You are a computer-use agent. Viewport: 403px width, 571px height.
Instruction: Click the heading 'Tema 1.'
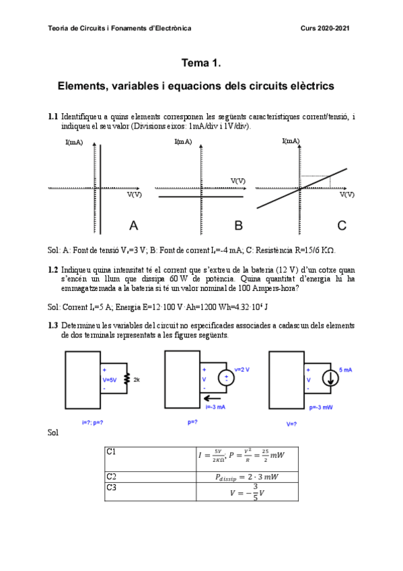coord(201,63)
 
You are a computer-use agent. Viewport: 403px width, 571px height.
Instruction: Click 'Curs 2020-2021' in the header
coord(325,28)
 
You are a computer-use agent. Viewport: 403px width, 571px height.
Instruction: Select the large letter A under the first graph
coord(133,225)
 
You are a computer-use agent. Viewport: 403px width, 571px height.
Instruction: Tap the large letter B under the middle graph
coord(237,225)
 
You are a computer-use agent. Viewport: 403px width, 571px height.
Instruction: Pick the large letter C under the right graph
coord(342,225)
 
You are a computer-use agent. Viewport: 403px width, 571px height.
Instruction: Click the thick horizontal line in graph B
coord(200,197)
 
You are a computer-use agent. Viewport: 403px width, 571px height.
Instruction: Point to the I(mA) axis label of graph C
coord(291,141)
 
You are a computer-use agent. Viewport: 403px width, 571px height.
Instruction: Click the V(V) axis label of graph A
coord(134,195)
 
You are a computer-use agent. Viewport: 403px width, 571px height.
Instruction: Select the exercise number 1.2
coord(53,269)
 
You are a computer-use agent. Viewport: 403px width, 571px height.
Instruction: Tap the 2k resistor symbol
coord(126,379)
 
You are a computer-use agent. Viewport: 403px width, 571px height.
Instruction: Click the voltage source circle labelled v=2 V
coord(226,378)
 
